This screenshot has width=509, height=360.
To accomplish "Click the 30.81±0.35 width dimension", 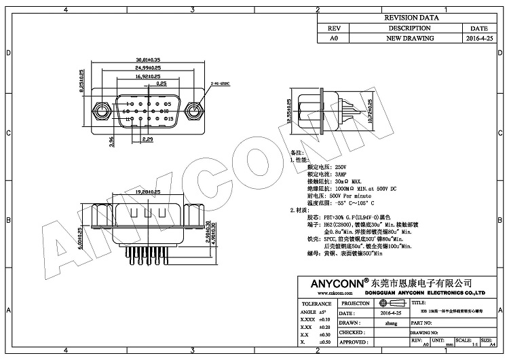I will point(147,59).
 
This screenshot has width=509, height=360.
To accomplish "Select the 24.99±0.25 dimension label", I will point(148,68).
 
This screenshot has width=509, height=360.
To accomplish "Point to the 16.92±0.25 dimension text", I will point(148,77).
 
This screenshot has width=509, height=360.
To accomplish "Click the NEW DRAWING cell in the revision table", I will point(410,39).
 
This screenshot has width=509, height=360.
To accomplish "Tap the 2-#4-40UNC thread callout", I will point(221,84).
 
